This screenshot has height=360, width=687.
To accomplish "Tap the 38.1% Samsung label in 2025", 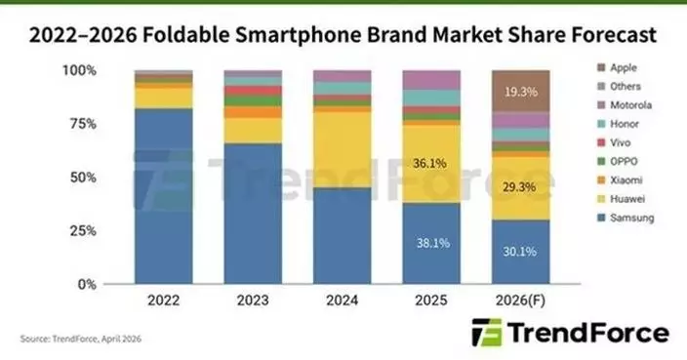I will (x=431, y=243).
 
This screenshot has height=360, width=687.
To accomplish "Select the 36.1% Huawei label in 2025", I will (x=431, y=163).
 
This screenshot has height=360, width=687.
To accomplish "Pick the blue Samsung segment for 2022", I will (x=163, y=195).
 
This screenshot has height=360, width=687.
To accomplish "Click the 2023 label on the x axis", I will (x=253, y=301).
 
